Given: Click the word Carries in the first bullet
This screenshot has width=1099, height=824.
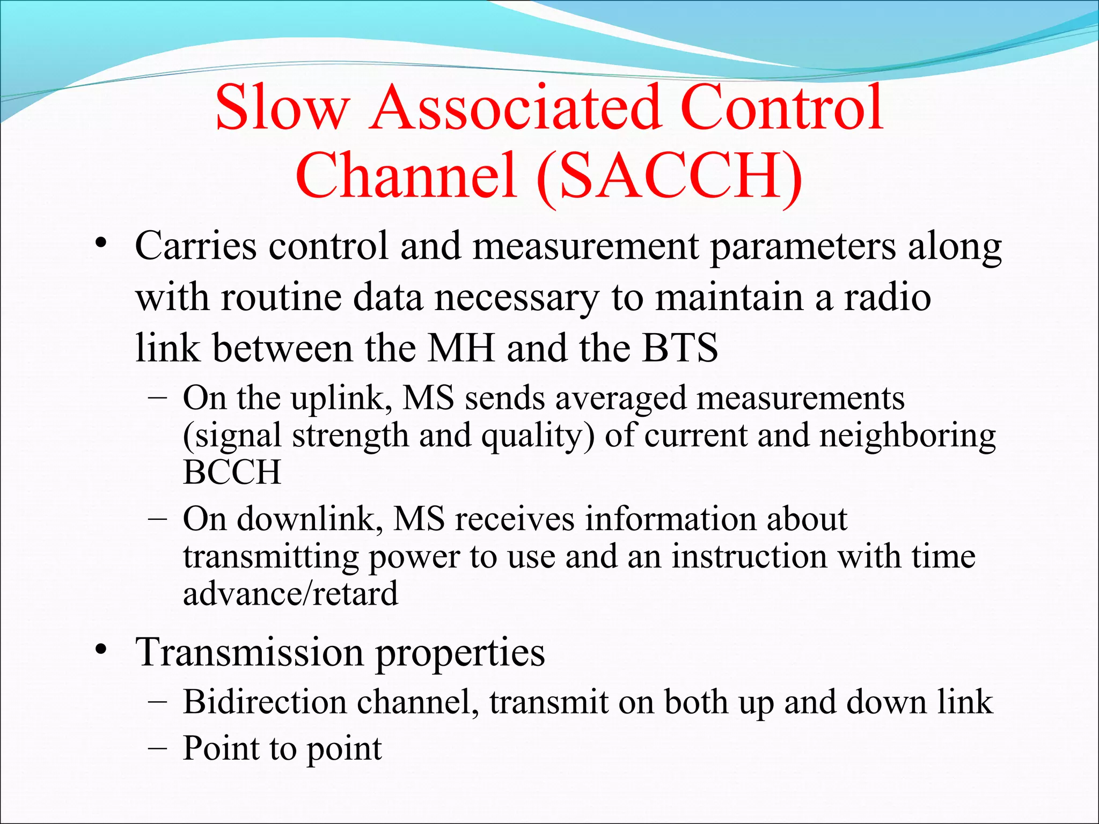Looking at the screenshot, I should [x=196, y=246].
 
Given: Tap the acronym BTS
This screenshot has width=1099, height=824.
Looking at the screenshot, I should [x=680, y=348].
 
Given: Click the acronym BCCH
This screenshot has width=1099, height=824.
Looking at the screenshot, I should [x=232, y=472].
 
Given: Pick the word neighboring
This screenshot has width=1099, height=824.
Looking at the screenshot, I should [x=907, y=436].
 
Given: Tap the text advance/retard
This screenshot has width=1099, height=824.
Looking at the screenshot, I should [x=290, y=593].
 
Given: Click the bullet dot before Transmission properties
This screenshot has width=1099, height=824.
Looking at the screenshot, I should [x=100, y=651].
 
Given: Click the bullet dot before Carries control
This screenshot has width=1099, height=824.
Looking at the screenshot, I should [x=100, y=244].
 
